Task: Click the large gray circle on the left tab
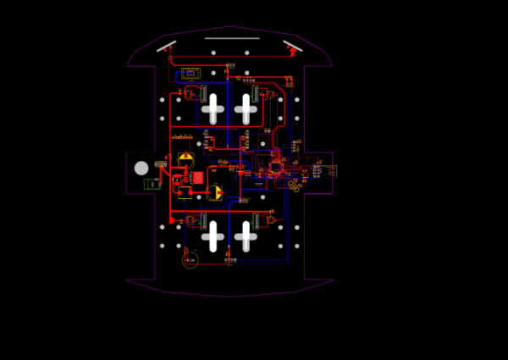[x=141, y=168]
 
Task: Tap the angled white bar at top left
[x=167, y=46]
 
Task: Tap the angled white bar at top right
[x=292, y=45]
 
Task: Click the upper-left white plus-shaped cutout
[x=212, y=108]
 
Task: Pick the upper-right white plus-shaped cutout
[x=246, y=108]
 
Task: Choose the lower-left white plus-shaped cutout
[x=212, y=235]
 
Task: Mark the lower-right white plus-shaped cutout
[x=246, y=235]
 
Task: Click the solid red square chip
[x=198, y=178]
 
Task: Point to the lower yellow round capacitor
[x=215, y=193]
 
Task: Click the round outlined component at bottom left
[x=190, y=259]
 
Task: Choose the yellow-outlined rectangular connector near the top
[x=190, y=74]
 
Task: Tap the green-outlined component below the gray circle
[x=152, y=184]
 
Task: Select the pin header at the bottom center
[x=229, y=260]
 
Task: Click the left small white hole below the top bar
[x=213, y=53]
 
